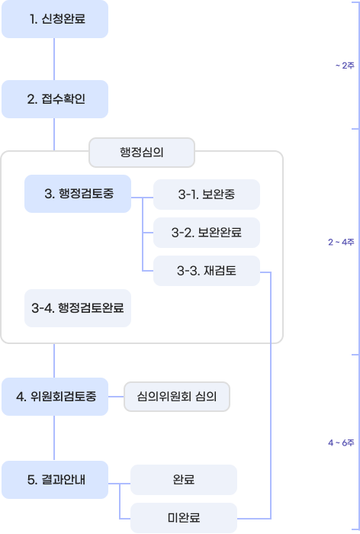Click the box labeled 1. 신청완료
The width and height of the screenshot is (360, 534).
pyautogui.click(x=55, y=19)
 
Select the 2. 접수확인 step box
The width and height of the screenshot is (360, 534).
pyautogui.click(x=55, y=99)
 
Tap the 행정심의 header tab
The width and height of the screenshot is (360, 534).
pyautogui.click(x=142, y=152)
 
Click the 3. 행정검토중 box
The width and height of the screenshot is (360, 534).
pyautogui.click(x=78, y=194)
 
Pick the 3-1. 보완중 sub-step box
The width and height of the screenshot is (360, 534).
pyautogui.click(x=207, y=195)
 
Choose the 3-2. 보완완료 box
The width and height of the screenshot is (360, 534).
pyautogui.click(x=207, y=232)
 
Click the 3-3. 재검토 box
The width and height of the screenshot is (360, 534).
pyautogui.click(x=207, y=270)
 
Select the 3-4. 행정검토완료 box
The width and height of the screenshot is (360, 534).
pyautogui.click(x=78, y=308)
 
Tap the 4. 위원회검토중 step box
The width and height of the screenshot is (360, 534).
pyautogui.click(x=55, y=397)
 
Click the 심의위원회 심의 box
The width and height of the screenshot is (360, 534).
pyautogui.click(x=176, y=397)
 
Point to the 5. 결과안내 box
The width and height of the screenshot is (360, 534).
pyautogui.click(x=55, y=480)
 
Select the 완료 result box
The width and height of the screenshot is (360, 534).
pyautogui.click(x=184, y=480)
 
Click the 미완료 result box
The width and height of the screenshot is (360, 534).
pyautogui.click(x=184, y=518)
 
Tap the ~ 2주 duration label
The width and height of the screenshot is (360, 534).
pyautogui.click(x=345, y=66)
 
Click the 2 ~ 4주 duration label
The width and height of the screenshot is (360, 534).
pyautogui.click(x=341, y=242)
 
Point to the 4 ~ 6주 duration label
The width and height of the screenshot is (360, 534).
pyautogui.click(x=341, y=442)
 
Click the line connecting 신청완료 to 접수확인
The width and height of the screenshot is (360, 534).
pyautogui.click(x=55, y=60)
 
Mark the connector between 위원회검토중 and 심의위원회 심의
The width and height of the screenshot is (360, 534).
pyautogui.click(x=116, y=397)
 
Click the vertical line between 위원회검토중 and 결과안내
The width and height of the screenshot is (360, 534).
pyautogui.click(x=55, y=439)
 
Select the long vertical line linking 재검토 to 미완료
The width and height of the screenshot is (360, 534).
pyautogui.click(x=271, y=397)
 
